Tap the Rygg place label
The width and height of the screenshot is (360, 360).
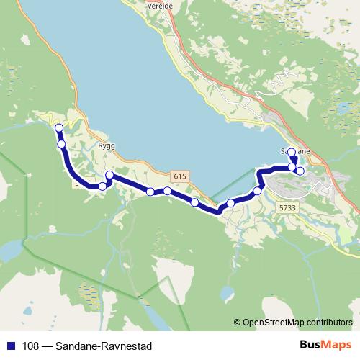106,144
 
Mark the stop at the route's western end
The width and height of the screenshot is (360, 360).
58,128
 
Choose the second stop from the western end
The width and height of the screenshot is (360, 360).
62,144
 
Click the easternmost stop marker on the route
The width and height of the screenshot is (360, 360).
300,171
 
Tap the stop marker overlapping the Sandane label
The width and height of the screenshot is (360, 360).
292,153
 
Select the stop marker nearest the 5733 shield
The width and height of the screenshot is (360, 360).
257,191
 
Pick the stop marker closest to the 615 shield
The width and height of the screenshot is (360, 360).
167,191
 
